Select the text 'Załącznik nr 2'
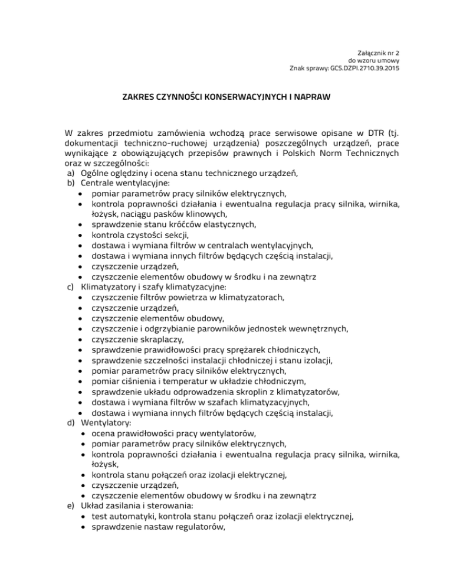click(378, 52)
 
